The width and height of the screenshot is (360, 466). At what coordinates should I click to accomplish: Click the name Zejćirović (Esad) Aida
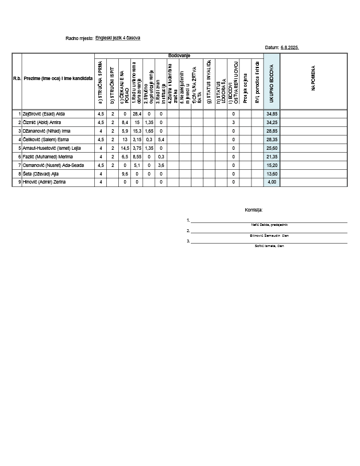coord(43,114)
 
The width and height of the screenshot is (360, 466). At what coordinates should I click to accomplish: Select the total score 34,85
coord(272,114)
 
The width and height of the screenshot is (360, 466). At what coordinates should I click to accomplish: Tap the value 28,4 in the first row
coord(137,114)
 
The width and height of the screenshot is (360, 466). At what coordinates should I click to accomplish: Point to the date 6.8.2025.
coord(290,47)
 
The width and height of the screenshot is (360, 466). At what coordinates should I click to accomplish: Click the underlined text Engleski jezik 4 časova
coord(118,38)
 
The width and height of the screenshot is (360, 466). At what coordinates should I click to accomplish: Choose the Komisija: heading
coord(253,210)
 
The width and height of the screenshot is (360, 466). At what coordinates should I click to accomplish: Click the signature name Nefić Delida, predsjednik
coord(269,225)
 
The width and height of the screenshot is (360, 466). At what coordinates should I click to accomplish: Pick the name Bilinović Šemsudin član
coord(269,235)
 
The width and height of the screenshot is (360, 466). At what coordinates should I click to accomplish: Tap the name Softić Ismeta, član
coord(269,245)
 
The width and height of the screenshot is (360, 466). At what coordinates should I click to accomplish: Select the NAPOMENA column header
coord(313,80)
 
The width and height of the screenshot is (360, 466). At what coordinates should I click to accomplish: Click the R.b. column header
coord(17,78)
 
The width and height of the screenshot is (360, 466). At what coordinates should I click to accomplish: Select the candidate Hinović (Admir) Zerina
coord(44,182)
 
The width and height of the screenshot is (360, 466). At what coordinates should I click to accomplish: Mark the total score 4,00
coord(272,182)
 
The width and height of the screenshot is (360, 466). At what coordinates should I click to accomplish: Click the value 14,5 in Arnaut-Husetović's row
coord(125,148)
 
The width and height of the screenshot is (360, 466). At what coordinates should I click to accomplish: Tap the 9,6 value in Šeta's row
coord(125,173)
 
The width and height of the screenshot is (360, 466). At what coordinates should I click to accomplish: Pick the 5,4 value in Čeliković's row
coord(161,140)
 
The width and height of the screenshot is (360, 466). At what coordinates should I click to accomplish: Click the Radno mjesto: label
coord(79,38)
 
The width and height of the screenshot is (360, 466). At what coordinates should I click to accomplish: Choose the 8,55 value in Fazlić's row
coord(137,157)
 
